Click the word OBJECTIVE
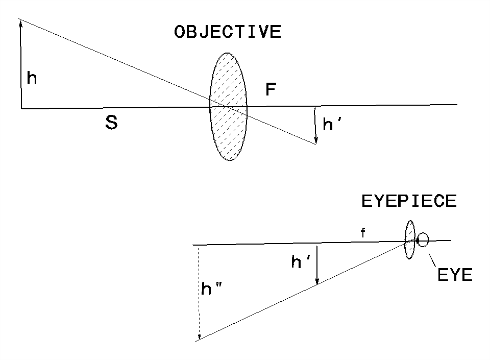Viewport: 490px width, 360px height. click(x=227, y=33)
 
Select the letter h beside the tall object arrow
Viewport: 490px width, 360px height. click(x=32, y=78)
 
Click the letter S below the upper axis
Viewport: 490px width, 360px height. click(x=111, y=122)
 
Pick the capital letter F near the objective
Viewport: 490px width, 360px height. click(x=271, y=90)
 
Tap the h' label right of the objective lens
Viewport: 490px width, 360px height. click(x=332, y=125)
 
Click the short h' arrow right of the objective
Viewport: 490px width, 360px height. click(x=316, y=125)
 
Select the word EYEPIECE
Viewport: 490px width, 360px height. click(x=408, y=201)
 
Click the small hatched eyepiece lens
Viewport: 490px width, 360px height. click(x=409, y=239)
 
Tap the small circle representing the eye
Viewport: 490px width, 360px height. click(x=423, y=239)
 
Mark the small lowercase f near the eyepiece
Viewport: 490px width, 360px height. click(x=363, y=233)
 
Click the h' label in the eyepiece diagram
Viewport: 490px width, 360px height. click(x=301, y=262)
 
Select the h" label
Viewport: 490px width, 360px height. click(x=211, y=290)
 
